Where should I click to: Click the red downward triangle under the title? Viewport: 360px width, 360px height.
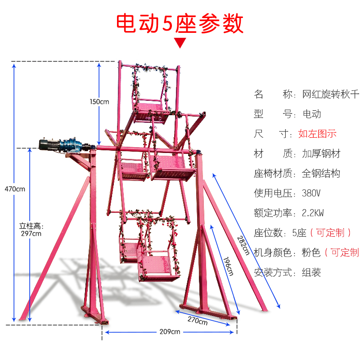180,43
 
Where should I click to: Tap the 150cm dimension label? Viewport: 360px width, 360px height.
99,102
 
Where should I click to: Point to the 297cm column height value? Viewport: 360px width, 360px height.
31,233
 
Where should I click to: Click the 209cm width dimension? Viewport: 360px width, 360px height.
169,332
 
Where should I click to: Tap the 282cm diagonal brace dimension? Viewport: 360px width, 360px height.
243,245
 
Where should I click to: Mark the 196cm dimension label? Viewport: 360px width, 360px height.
228,266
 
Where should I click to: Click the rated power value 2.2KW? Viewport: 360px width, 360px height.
314,213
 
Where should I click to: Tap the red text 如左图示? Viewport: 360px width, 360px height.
317,134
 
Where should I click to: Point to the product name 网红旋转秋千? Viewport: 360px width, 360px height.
330,94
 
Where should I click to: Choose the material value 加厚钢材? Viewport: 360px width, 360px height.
320,154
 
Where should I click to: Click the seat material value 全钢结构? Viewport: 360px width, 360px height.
320,174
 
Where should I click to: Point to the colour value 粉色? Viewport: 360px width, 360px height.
310,252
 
